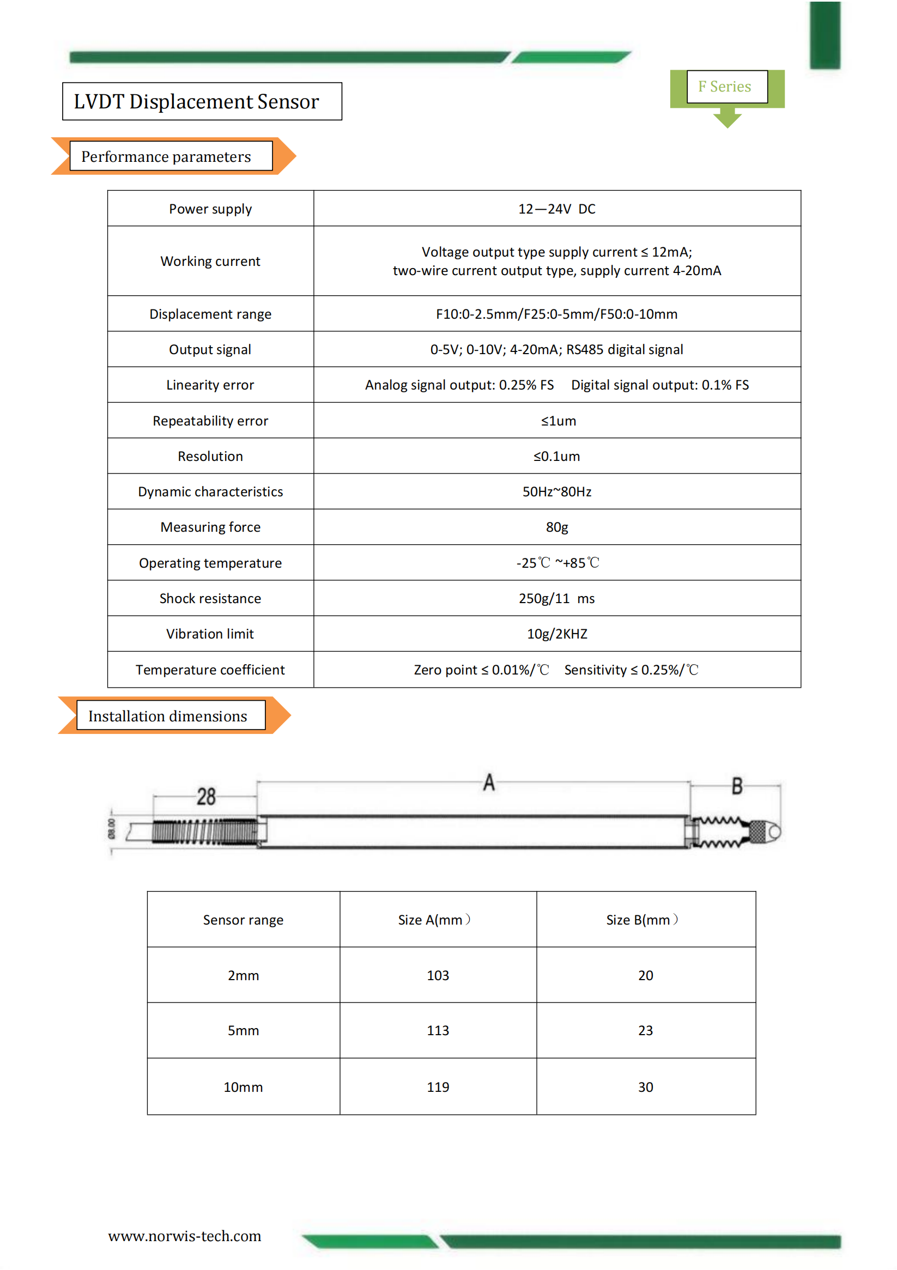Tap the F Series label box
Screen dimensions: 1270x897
click(726, 87)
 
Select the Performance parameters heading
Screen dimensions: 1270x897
click(166, 156)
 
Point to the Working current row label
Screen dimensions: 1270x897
click(210, 261)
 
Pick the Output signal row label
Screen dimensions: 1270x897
click(210, 350)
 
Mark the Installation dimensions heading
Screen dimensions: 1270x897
click(168, 716)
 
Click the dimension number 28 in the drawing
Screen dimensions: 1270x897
click(206, 797)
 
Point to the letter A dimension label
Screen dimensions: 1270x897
click(489, 783)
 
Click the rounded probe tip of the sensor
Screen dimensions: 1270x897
click(774, 831)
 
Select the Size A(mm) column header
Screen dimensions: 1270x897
click(434, 920)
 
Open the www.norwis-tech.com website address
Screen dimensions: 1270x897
click(184, 1236)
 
